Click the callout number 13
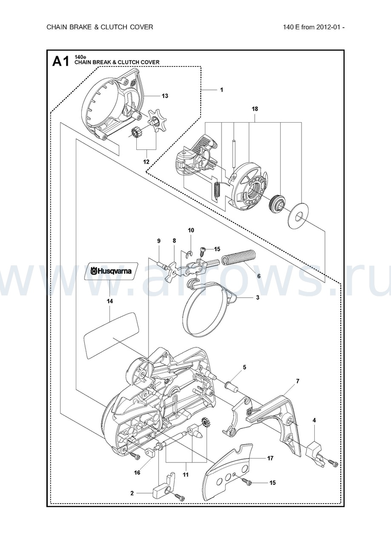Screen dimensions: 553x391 coord(165,96)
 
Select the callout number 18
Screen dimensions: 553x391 coord(255,109)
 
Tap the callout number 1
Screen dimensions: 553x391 coord(221,90)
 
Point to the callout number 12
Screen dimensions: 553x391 coord(146,162)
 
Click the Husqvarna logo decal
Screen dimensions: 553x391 coord(110,271)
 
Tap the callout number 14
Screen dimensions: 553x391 coord(110,301)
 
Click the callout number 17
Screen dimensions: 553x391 coord(270,458)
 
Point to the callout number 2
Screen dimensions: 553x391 coord(132,493)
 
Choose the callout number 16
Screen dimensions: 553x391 coord(137,473)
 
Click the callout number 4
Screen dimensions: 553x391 coord(314,420)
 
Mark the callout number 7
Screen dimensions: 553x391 coord(297,381)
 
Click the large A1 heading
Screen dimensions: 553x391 coord(60,61)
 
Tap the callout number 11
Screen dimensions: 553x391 coord(185,474)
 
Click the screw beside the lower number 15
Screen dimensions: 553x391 coord(247,481)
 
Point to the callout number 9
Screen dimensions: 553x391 coord(159,241)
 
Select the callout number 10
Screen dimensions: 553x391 coord(191,230)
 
